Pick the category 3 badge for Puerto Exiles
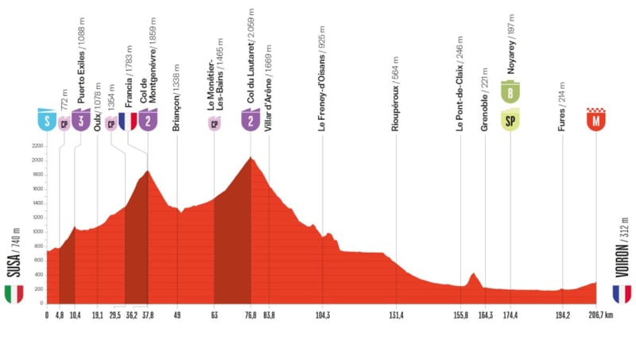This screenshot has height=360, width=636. (80, 121)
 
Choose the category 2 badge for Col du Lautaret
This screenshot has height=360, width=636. (250, 121)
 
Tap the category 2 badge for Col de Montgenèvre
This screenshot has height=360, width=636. (148, 121)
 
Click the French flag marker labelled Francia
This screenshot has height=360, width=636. (127, 121)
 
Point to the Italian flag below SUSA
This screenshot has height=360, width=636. (14, 294)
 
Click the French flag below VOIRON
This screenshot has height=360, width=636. (622, 294)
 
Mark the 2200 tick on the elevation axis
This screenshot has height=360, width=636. (37, 146)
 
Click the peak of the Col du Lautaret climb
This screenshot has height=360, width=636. (251, 158)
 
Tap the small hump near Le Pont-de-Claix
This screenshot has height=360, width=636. (473, 274)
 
